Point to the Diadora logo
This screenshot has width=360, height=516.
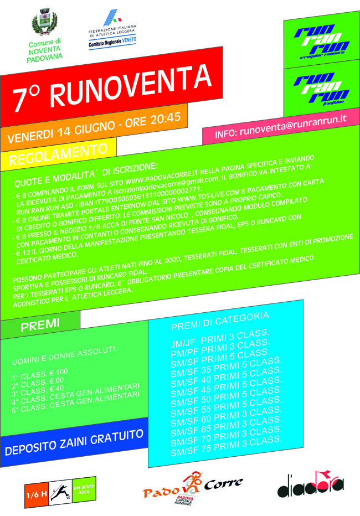tap(311, 484)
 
